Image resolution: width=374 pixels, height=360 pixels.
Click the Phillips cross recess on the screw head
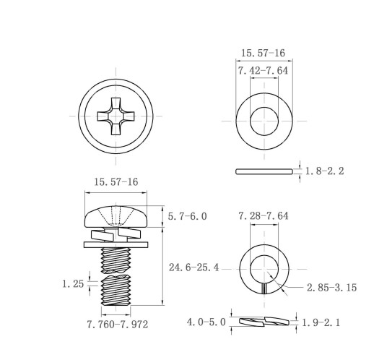[x=116, y=116]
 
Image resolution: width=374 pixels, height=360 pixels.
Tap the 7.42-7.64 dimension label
[x=263, y=71]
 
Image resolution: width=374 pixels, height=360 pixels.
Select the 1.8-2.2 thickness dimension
[x=325, y=171]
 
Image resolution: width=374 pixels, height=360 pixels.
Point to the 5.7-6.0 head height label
[x=188, y=216]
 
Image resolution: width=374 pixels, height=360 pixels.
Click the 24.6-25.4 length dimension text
[x=194, y=267]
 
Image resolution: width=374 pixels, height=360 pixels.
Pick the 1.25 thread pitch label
[x=73, y=284]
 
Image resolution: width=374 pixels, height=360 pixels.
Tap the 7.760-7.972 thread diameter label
[x=118, y=325]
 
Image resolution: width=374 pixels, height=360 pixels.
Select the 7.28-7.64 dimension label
[x=264, y=215]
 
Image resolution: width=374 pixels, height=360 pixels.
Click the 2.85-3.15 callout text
[x=331, y=288]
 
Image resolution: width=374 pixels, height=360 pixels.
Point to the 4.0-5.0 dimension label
[x=206, y=322]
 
